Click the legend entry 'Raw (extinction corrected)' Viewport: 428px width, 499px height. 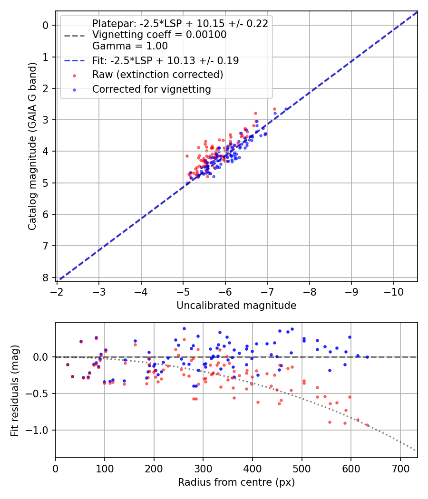pyautogui.click(x=157, y=75)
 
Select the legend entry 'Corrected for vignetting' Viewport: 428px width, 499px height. pyautogui.click(x=151, y=89)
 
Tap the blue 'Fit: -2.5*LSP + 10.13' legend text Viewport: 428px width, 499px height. pyautogui.click(x=165, y=60)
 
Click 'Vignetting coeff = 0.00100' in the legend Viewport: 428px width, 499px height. pyautogui.click(x=159, y=35)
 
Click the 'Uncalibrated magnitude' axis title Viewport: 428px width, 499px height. pyautogui.click(x=236, y=306)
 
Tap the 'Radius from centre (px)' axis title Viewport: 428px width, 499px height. pyautogui.click(x=236, y=482)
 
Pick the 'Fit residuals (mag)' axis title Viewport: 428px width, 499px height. pyautogui.click(x=15, y=390)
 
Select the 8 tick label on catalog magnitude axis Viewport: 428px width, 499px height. pyautogui.click(x=46, y=278)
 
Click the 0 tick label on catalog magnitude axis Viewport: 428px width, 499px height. pyautogui.click(x=46, y=25)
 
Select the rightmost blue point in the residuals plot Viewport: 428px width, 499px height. pyautogui.click(x=367, y=357)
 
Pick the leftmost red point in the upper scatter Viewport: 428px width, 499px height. pyautogui.click(x=187, y=156)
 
